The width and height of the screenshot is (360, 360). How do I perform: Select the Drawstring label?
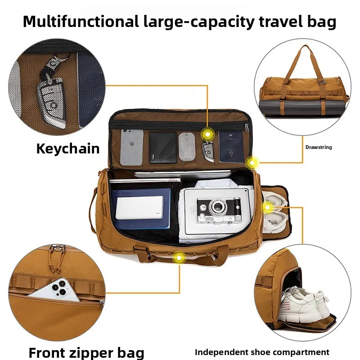pos(319,147)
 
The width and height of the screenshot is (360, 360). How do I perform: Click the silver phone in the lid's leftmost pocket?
pos(132,147)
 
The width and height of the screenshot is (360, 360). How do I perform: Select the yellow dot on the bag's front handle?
pos(180,257)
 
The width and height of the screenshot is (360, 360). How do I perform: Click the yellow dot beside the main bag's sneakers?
pos(267,208)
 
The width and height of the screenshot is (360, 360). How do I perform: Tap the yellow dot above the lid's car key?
pos(208,133)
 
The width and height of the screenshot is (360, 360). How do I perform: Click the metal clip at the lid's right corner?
pos(247,129)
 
